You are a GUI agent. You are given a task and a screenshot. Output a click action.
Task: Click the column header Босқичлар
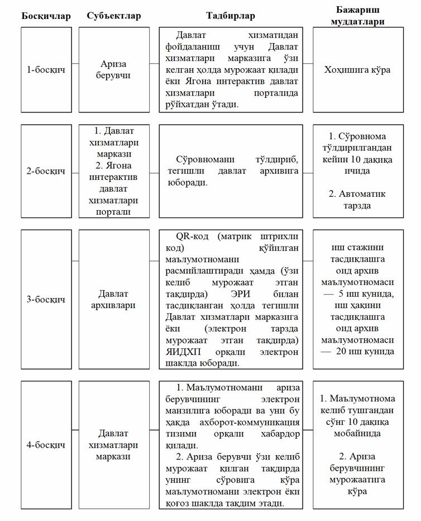pyautogui.click(x=46, y=16)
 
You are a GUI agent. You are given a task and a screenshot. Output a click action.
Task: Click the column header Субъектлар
pyautogui.click(x=114, y=16)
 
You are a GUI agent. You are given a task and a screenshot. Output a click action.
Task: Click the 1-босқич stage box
pyautogui.click(x=47, y=70)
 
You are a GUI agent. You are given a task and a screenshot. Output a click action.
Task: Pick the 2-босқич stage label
pyautogui.click(x=47, y=171)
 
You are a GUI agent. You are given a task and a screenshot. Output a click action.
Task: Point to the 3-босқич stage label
pyautogui.click(x=47, y=299)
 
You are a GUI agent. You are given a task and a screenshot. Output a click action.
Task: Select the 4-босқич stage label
pyautogui.click(x=47, y=445)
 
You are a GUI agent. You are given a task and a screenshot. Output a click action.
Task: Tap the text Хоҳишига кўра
pyautogui.click(x=357, y=70)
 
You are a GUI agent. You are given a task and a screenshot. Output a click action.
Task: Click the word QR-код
pyautogui.click(x=193, y=236)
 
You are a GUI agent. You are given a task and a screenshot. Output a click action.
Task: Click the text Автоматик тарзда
pyautogui.click(x=357, y=200)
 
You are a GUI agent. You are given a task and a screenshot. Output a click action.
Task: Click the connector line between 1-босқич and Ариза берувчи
pyautogui.click(x=75, y=63)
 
